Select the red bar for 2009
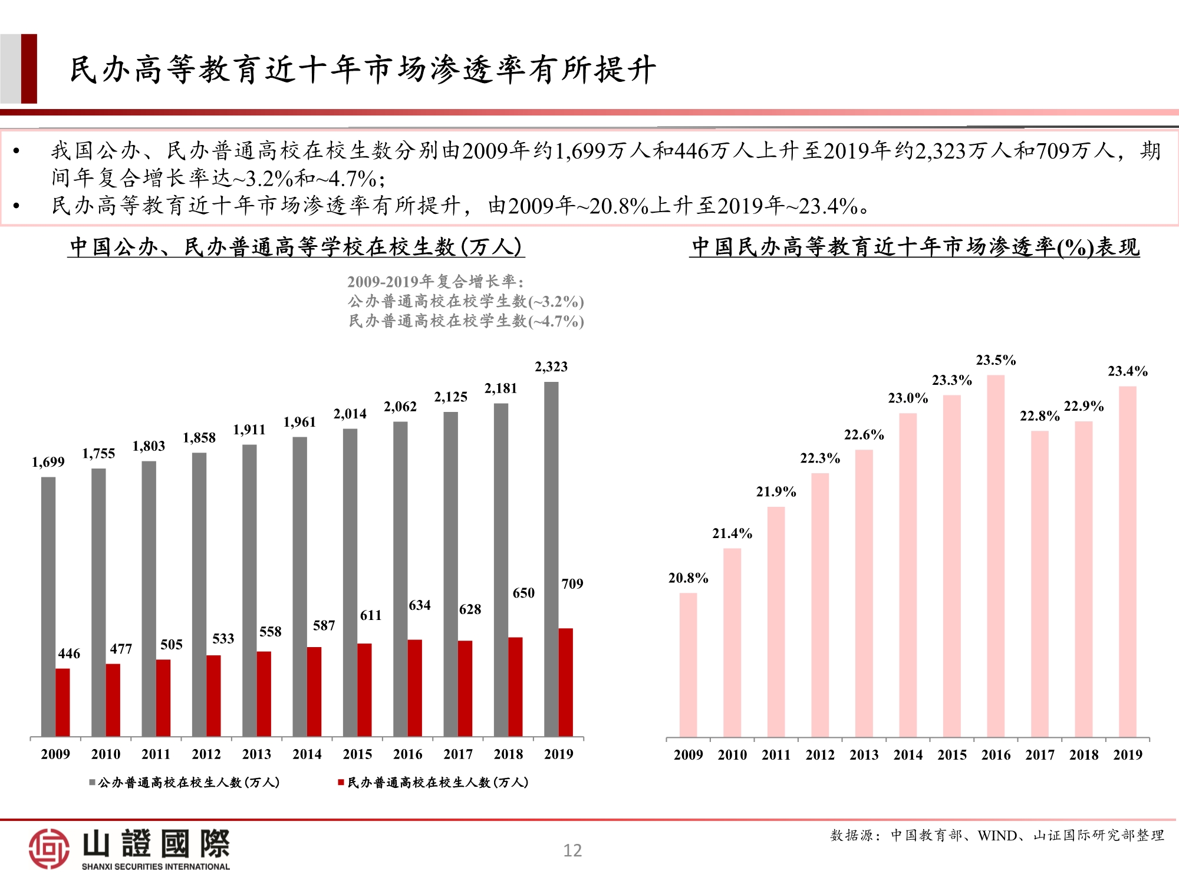click(63, 702)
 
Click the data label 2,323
click(551, 367)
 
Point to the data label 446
click(69, 654)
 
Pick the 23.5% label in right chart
click(996, 360)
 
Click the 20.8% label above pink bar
click(688, 578)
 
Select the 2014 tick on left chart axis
click(307, 754)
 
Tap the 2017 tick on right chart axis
click(1040, 755)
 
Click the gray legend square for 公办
click(93, 783)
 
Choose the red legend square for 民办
click(341, 783)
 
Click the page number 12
click(572, 850)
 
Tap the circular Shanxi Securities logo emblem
click(49, 849)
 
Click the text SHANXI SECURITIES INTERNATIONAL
click(156, 867)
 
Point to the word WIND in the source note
click(997, 836)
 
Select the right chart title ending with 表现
click(914, 247)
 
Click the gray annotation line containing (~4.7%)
click(466, 321)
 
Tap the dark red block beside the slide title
click(29, 69)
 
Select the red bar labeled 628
click(465, 688)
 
